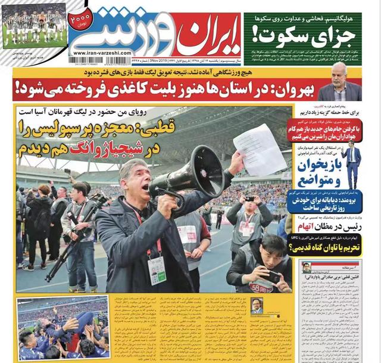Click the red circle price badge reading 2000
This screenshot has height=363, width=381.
click(x=80, y=20)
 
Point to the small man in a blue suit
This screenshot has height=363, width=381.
click(x=352, y=164)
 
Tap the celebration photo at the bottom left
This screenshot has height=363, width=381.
click(x=63, y=328)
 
